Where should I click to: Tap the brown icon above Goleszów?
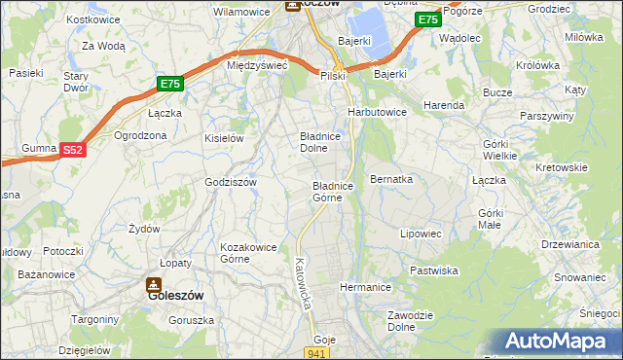pos(154,284)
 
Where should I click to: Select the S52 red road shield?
pos(73,150)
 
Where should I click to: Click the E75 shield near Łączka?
pos(170,85)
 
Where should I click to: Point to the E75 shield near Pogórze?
pos(427,19)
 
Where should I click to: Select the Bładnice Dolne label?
pos(319,142)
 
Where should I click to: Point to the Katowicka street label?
pos(301,283)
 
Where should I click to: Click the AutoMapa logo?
pos(561,342)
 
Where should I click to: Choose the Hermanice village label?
pos(365,287)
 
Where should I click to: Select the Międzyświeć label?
pos(255,65)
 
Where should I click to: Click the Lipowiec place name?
pos(421,234)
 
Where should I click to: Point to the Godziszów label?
pos(230,182)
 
